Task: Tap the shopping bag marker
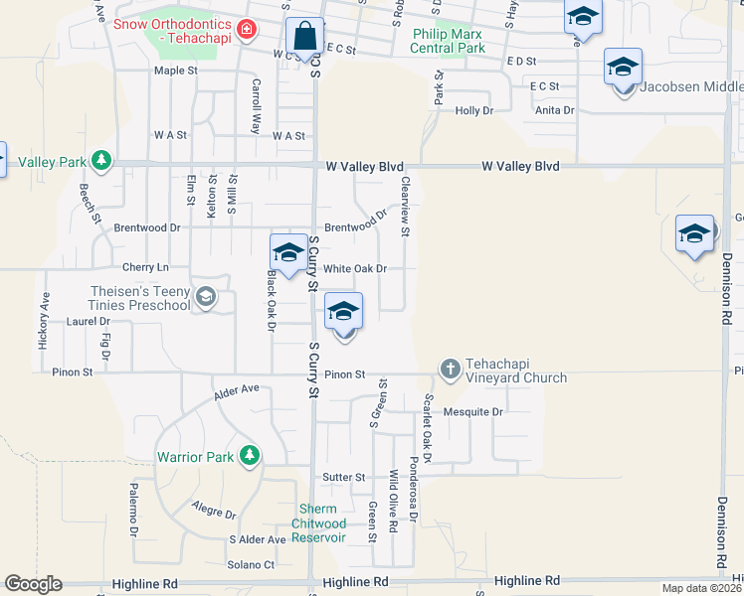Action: click(x=303, y=38)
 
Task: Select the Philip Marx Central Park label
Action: click(x=449, y=41)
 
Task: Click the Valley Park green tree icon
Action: click(x=100, y=160)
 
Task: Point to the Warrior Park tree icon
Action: click(x=249, y=456)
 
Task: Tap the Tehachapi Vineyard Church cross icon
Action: click(x=450, y=370)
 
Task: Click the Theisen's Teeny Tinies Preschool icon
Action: click(x=206, y=297)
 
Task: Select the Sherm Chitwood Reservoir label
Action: click(x=319, y=523)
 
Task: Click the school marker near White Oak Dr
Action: click(x=288, y=252)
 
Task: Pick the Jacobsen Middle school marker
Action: click(x=623, y=68)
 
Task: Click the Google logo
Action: click(x=33, y=584)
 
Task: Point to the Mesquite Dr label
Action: click(x=473, y=411)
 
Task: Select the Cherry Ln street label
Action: click(x=145, y=267)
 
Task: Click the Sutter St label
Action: click(x=344, y=478)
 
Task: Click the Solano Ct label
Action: click(x=252, y=565)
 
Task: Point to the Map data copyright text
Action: click(x=701, y=588)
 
